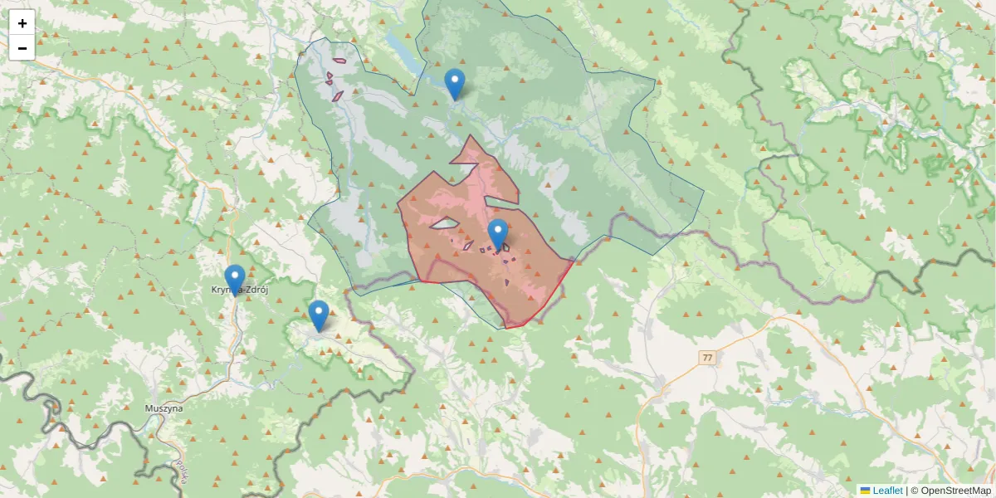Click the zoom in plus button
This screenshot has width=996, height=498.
tap(22, 23)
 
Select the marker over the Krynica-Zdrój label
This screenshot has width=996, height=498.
tap(235, 279)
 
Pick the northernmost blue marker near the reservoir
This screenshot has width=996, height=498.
tap(454, 83)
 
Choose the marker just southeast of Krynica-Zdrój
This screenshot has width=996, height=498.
tap(318, 315)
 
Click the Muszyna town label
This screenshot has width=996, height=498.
tap(164, 408)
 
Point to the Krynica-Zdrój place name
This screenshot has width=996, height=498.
tap(240, 290)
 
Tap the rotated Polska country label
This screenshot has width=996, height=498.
tap(181, 473)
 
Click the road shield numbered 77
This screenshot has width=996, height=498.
tap(706, 358)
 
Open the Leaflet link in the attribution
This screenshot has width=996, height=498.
tap(887, 491)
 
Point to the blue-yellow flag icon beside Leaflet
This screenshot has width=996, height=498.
tap(865, 491)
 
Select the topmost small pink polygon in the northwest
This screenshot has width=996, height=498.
tap(339, 60)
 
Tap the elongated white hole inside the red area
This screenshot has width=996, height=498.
tap(444, 222)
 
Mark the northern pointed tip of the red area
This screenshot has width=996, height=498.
tap(471, 136)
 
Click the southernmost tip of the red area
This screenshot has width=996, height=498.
tap(506, 328)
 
